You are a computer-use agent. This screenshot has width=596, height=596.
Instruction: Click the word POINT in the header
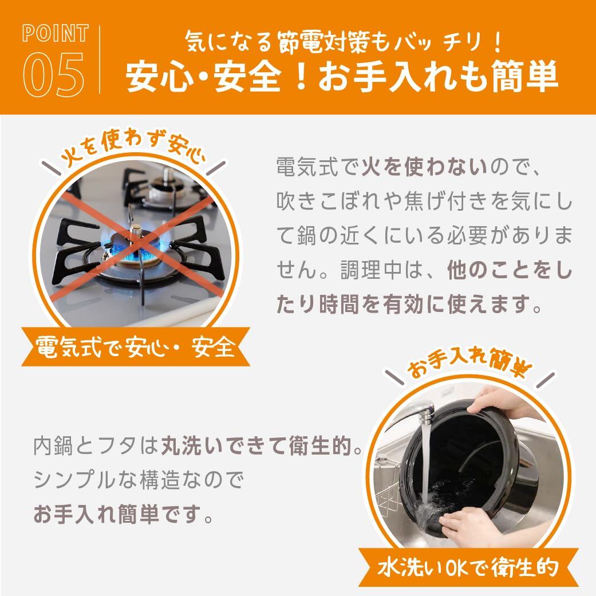[56, 33]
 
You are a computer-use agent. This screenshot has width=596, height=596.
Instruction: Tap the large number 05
[54, 74]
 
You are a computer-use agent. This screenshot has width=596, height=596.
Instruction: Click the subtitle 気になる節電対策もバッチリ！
[344, 41]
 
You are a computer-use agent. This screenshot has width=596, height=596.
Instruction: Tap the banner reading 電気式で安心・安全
[136, 347]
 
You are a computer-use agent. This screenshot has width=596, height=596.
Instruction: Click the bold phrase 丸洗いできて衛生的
[256, 445]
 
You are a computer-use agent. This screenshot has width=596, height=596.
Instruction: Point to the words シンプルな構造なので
[139, 480]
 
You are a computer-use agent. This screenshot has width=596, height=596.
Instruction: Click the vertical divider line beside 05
[100, 60]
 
